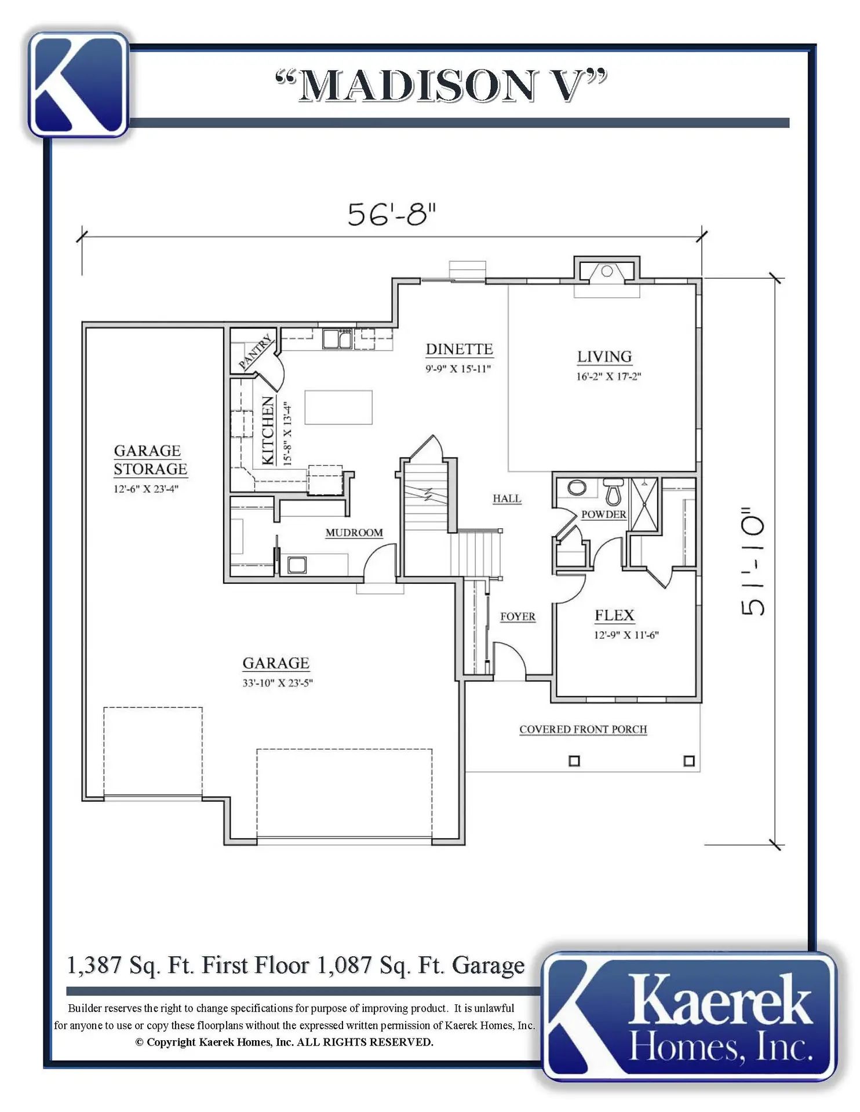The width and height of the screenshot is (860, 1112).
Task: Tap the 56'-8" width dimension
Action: (392, 214)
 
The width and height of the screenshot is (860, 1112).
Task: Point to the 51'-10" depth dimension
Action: (753, 561)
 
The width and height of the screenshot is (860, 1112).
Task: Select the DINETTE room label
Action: (460, 349)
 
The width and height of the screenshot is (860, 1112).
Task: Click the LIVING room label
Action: (604, 357)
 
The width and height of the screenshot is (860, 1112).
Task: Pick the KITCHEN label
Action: (268, 430)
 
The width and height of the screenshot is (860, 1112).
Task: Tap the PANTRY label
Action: (255, 352)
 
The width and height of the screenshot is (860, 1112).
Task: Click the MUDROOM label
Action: (354, 533)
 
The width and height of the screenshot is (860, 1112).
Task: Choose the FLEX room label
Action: (614, 616)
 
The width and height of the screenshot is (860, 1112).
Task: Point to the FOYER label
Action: (518, 617)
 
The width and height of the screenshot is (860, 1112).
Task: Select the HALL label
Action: (507, 499)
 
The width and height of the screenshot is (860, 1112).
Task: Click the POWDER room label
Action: (604, 514)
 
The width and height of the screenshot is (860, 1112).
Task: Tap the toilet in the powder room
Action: (613, 492)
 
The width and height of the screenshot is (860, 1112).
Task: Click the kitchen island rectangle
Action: (338, 407)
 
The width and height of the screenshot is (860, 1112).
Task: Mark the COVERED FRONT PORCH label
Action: (583, 730)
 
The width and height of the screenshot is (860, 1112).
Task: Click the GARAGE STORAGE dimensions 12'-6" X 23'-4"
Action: (145, 489)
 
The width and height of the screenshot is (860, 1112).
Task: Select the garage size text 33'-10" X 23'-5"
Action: (278, 683)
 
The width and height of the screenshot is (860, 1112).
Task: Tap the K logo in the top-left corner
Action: (78, 85)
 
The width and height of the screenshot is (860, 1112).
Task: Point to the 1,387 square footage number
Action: (94, 965)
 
